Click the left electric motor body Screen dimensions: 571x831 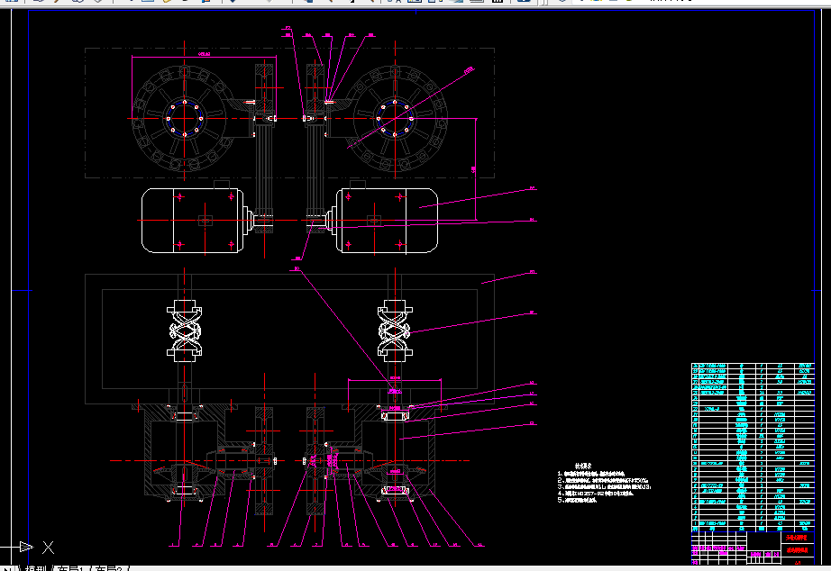coord(189,221)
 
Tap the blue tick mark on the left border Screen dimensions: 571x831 coord(22,290)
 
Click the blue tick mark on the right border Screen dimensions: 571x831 coord(820,290)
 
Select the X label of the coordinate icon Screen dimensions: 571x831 coord(49,547)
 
